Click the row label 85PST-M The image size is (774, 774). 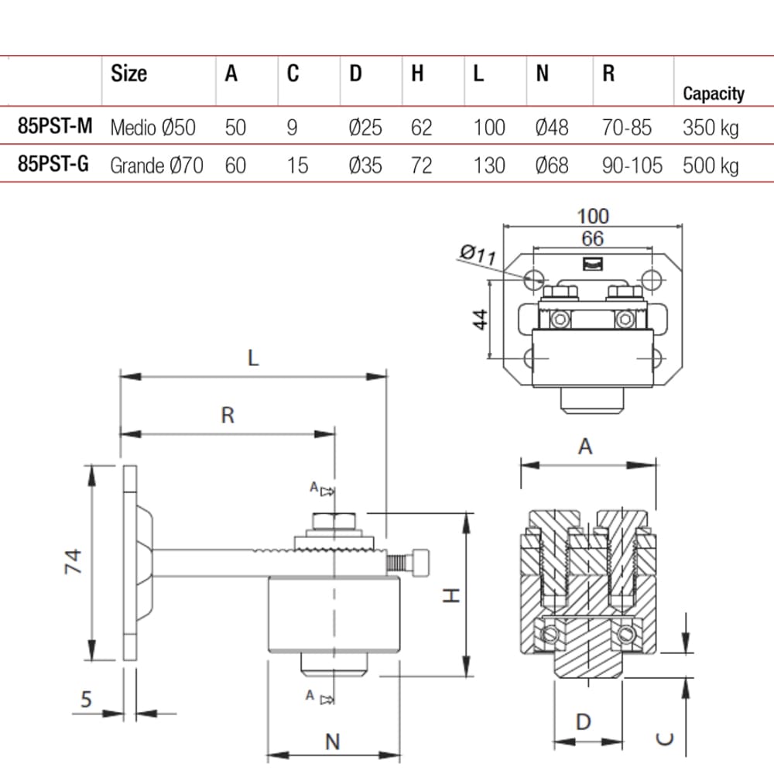[54, 126]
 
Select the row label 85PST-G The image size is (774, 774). [53, 164]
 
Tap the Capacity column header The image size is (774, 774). [713, 94]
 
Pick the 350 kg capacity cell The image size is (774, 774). [710, 127]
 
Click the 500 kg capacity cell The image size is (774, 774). [710, 165]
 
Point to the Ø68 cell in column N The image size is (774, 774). [552, 165]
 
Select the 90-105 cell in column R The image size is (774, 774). [632, 165]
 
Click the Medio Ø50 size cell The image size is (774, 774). [153, 127]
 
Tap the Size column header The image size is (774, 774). [128, 74]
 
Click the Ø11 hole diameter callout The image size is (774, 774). [478, 254]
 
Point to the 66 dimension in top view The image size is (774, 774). [592, 239]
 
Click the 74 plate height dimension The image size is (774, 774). [71, 562]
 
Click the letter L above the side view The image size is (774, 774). [252, 358]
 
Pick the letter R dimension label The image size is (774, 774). [227, 415]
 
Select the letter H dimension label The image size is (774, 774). [454, 594]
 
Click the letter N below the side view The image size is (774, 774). [332, 741]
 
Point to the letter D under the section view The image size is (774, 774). [584, 722]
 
